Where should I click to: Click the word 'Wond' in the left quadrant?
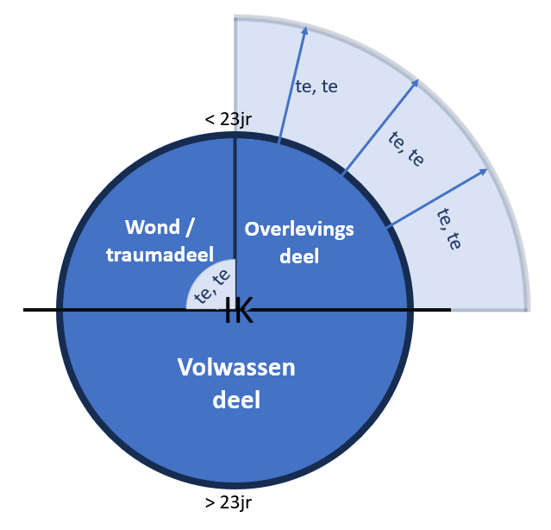(152, 227)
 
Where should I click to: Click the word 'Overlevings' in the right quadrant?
(297, 229)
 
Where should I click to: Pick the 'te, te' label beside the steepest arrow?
(316, 88)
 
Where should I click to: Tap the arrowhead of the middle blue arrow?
(417, 84)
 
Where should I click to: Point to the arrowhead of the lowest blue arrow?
(485, 173)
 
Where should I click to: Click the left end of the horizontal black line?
(26, 309)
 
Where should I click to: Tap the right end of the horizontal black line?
(448, 309)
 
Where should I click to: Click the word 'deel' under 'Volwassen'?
(235, 401)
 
